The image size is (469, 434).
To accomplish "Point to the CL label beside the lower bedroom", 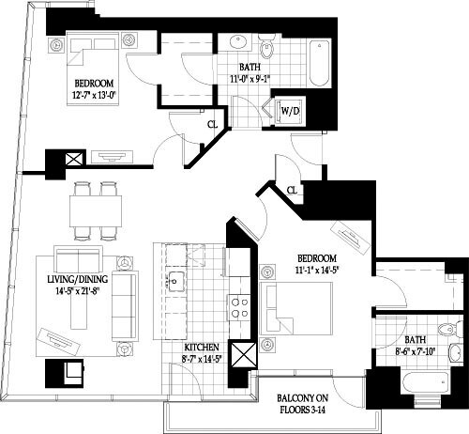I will [x=293, y=191].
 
